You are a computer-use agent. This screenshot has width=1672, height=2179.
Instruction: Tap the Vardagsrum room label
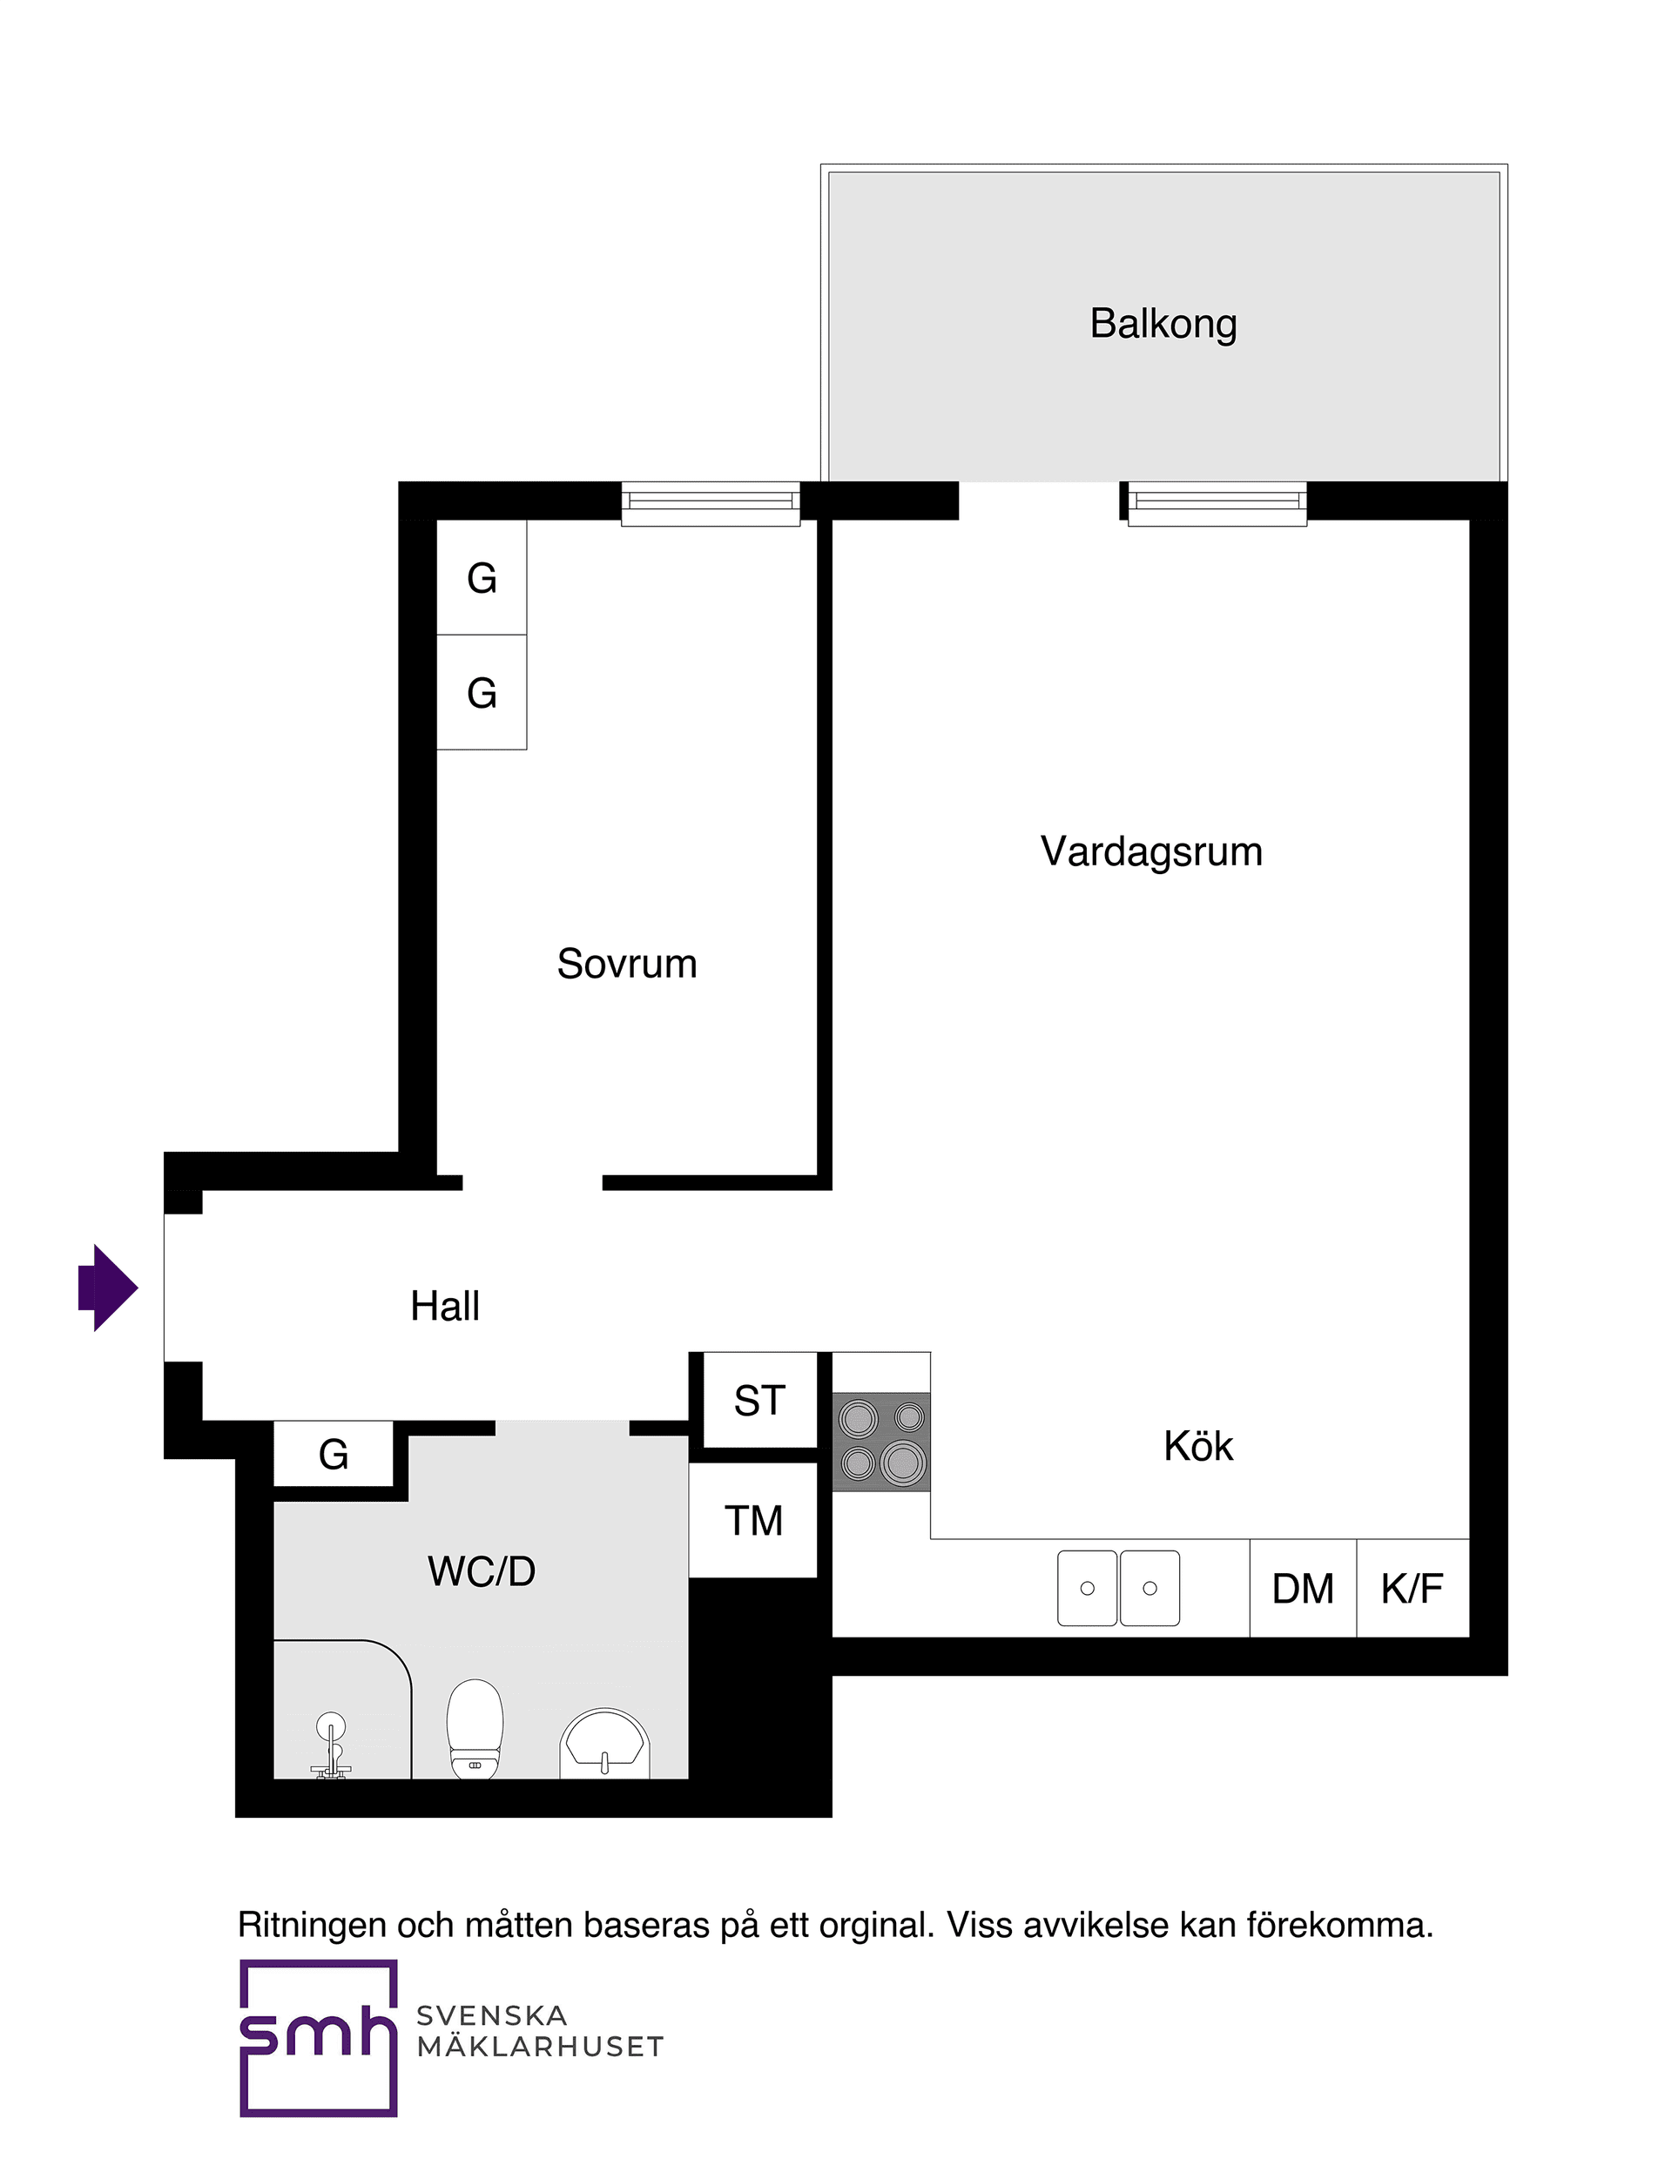click(x=1151, y=851)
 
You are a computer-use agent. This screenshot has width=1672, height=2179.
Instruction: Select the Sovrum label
click(x=626, y=963)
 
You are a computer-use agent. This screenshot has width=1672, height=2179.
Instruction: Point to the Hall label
click(x=445, y=1306)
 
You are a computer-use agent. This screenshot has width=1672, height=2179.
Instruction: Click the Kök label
click(x=1198, y=1446)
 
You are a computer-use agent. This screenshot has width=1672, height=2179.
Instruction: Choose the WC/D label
click(x=482, y=1571)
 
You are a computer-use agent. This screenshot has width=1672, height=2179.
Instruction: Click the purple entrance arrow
click(x=109, y=1288)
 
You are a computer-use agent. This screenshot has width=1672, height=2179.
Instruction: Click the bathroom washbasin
click(x=604, y=1743)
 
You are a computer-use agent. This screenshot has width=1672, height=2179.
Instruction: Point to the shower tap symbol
click(x=330, y=1745)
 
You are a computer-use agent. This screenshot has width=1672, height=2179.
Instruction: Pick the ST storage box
click(x=759, y=1401)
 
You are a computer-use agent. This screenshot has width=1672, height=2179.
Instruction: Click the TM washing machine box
click(x=753, y=1520)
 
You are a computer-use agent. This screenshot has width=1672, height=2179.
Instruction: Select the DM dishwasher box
click(x=1303, y=1589)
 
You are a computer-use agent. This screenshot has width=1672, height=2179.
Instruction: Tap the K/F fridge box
click(x=1412, y=1589)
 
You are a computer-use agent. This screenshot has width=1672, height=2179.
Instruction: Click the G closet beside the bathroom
click(x=334, y=1455)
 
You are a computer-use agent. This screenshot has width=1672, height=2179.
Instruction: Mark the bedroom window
click(x=711, y=502)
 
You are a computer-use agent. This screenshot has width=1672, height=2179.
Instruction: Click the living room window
click(x=1217, y=502)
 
